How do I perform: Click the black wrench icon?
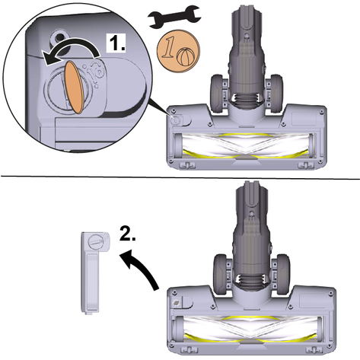click(175, 17)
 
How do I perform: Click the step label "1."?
click(116, 43)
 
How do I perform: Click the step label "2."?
click(128, 234)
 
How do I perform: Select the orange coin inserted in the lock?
click(75, 87)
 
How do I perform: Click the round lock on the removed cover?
click(96, 241)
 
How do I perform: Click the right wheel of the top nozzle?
click(276, 94)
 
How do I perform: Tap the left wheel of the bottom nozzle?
click(220, 275)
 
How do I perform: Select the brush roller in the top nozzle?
click(244, 145)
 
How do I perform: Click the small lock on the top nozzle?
click(175, 119)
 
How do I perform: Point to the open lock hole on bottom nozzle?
click(177, 302)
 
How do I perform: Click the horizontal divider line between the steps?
click(180, 177)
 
